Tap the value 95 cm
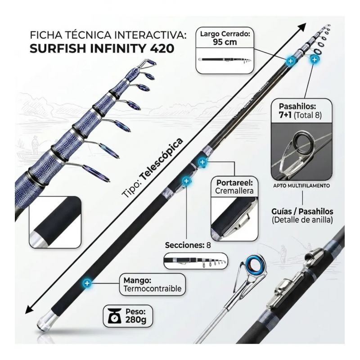225,42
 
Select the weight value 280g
136,319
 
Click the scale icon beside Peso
115,316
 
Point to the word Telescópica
162,159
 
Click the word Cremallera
234,191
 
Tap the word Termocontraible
153,288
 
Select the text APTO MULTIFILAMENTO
301,185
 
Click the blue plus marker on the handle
87,283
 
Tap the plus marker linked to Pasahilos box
314,60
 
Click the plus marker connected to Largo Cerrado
290,61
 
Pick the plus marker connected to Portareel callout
202,162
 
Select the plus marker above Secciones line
186,181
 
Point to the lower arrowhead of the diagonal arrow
29,309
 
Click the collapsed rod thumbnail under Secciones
195,261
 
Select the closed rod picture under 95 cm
225,60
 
